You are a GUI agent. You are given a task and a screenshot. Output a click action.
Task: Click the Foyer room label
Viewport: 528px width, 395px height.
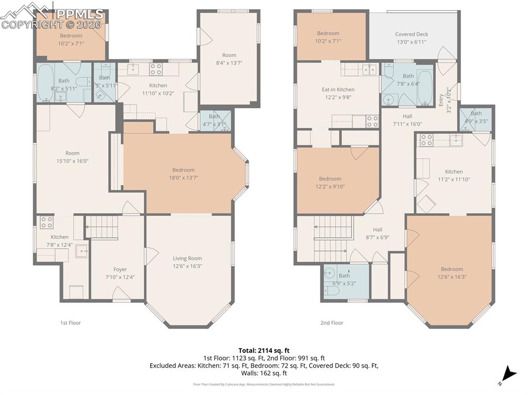coord(120,269)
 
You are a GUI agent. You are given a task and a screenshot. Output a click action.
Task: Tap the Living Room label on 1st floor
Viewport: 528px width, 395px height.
coord(187,259)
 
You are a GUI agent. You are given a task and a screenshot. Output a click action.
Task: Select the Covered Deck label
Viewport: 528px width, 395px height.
coord(411,35)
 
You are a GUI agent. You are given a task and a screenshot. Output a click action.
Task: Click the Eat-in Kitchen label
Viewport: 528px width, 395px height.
coord(338,90)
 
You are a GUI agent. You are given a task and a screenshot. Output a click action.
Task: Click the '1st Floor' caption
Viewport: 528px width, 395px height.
coord(71,323)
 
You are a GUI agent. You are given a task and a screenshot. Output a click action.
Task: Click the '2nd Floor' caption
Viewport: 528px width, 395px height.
coord(332,323)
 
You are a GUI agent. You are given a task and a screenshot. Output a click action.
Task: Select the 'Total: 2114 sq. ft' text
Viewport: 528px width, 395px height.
coord(264,350)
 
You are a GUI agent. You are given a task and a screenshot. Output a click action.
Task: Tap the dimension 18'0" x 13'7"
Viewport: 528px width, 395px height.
coord(184,177)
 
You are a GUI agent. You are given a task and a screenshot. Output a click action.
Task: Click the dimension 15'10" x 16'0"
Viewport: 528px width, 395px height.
coord(73,161)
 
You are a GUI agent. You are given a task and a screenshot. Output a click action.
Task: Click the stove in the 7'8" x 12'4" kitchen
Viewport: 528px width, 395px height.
coord(47,222)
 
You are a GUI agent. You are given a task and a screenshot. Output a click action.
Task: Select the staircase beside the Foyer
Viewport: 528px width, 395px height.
coord(102,227)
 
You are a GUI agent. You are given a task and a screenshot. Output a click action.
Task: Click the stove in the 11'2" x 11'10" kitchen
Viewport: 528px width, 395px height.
coord(426,140)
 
